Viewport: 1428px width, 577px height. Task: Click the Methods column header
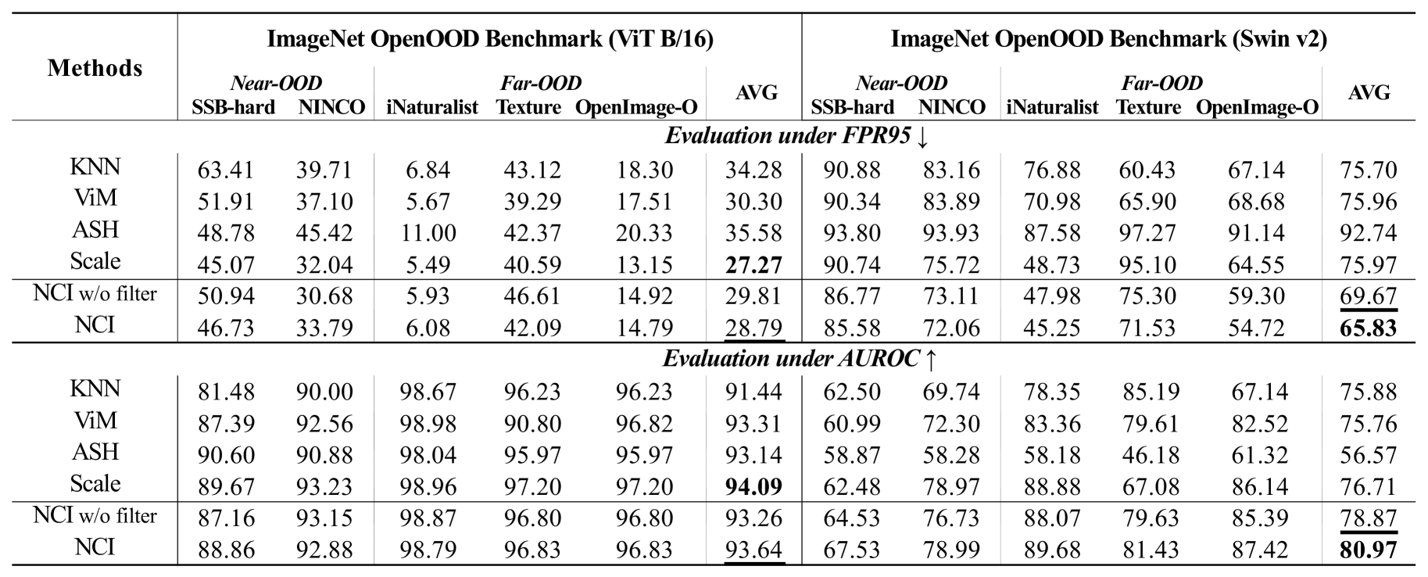pyautogui.click(x=95, y=68)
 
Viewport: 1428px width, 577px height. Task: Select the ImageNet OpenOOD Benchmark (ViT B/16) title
pyautogui.click(x=490, y=38)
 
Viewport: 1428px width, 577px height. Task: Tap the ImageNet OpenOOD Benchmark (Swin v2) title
pyautogui.click(x=1108, y=38)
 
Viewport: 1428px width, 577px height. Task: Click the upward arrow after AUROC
pyautogui.click(x=930, y=359)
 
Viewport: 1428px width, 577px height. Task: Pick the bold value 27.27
pyautogui.click(x=753, y=265)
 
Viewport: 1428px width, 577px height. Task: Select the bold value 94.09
pyautogui.click(x=753, y=487)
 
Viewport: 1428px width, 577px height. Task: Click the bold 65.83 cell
pyautogui.click(x=1368, y=328)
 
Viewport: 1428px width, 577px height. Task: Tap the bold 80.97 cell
pyautogui.click(x=1368, y=550)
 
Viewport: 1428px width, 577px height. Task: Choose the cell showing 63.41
pyautogui.click(x=225, y=170)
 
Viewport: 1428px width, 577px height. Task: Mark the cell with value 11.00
pyautogui.click(x=428, y=233)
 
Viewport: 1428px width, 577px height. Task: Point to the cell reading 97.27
pyautogui.click(x=1147, y=233)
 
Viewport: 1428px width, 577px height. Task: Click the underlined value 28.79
pyautogui.click(x=753, y=328)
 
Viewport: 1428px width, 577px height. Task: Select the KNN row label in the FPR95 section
pyautogui.click(x=95, y=167)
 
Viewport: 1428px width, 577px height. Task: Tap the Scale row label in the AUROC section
pyautogui.click(x=95, y=483)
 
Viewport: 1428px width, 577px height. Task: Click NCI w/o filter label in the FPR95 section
pyautogui.click(x=95, y=294)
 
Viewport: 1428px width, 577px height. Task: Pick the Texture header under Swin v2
pyautogui.click(x=1148, y=106)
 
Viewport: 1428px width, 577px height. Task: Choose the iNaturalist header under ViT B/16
pyautogui.click(x=432, y=106)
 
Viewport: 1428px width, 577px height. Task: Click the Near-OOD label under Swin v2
pyautogui.click(x=901, y=83)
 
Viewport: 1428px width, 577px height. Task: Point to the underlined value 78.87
pyautogui.click(x=1368, y=518)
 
